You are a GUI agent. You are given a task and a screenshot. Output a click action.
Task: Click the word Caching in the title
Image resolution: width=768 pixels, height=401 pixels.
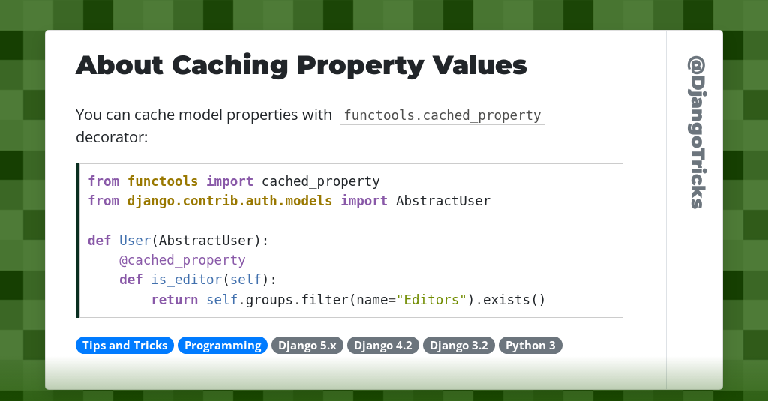pyautogui.click(x=229, y=65)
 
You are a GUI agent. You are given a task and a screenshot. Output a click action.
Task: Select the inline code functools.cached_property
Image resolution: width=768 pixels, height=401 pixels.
pyautogui.click(x=442, y=115)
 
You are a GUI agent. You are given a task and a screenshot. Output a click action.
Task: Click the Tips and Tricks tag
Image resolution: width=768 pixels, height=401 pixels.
pyautogui.click(x=124, y=346)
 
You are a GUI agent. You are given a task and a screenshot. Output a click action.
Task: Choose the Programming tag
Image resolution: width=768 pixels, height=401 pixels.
pyautogui.click(x=223, y=346)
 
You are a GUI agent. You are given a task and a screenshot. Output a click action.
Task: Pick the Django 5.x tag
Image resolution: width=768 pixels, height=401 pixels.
pyautogui.click(x=307, y=346)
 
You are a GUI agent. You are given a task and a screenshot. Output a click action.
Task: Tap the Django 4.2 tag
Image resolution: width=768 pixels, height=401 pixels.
pyautogui.click(x=383, y=346)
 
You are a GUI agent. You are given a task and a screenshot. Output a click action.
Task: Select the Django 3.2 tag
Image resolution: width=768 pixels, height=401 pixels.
pyautogui.click(x=459, y=346)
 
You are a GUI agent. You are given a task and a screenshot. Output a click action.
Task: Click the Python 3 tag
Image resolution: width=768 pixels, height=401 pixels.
pyautogui.click(x=530, y=346)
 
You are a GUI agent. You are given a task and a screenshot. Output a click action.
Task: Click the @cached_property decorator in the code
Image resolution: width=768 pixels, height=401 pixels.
pyautogui.click(x=182, y=260)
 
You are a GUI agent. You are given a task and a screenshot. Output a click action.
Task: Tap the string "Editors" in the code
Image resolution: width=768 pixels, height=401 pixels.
pyautogui.click(x=431, y=300)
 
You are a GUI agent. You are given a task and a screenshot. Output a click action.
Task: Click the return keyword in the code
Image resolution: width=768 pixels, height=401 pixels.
pyautogui.click(x=175, y=300)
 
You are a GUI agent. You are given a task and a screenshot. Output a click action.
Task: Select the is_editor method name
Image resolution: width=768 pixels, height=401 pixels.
pyautogui.click(x=187, y=280)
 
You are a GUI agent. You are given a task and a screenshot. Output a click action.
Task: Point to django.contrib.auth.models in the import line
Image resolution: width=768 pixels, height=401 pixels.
pyautogui.click(x=229, y=201)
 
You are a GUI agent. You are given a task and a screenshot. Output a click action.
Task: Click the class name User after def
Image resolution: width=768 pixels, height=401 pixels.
pyautogui.click(x=135, y=241)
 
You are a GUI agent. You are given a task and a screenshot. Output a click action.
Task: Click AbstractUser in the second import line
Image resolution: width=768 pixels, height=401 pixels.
pyautogui.click(x=442, y=201)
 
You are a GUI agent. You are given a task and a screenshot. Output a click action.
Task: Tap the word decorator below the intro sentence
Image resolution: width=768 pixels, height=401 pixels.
pyautogui.click(x=111, y=138)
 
